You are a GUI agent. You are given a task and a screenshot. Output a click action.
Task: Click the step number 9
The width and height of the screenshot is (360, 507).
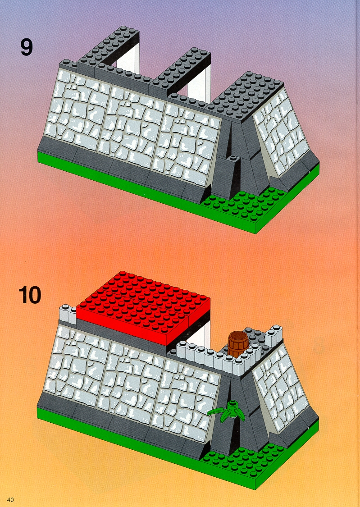27,47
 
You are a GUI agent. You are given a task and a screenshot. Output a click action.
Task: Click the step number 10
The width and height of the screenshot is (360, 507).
30,295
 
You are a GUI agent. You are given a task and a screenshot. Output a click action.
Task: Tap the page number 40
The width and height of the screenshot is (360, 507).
10,500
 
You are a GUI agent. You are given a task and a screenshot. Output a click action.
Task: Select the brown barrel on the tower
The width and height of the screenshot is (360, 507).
238,344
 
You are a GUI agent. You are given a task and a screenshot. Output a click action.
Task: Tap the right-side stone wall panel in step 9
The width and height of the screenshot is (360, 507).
280,131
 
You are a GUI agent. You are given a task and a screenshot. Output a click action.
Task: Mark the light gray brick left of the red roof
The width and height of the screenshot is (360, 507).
68,314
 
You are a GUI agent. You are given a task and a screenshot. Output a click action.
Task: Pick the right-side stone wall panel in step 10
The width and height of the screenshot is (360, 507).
280,386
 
